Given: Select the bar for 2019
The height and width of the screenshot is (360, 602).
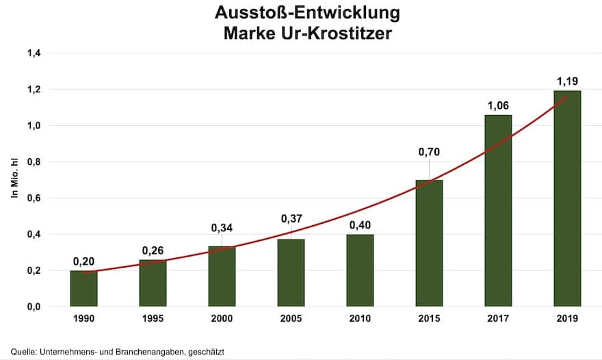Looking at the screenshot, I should [567, 198].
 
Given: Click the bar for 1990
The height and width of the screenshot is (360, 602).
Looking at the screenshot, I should [83, 288].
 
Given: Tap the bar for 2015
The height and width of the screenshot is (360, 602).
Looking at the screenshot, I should [429, 243].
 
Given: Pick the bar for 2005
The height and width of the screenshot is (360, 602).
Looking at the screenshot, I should [291, 272].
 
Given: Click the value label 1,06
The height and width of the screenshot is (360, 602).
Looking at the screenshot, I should [498, 105].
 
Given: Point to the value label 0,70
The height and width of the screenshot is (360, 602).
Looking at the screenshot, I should [429, 152].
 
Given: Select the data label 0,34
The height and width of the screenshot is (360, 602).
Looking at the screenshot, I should [222, 227].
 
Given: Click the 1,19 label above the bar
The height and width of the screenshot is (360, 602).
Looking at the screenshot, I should [567, 81].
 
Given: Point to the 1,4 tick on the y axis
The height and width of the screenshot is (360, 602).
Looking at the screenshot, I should [34, 53].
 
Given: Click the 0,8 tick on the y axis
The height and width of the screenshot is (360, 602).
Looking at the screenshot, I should [34, 162].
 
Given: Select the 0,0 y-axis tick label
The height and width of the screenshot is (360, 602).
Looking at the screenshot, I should [34, 307].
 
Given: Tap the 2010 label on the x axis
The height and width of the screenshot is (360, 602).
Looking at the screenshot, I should [360, 319].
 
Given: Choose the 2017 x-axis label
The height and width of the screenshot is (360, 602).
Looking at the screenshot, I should [498, 319].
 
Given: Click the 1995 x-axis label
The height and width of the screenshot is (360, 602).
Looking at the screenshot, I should [153, 319].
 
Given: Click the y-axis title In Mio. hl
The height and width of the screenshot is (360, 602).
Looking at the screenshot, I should [14, 180].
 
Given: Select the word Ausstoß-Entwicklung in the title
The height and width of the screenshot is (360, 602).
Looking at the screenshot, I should [307, 13].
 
